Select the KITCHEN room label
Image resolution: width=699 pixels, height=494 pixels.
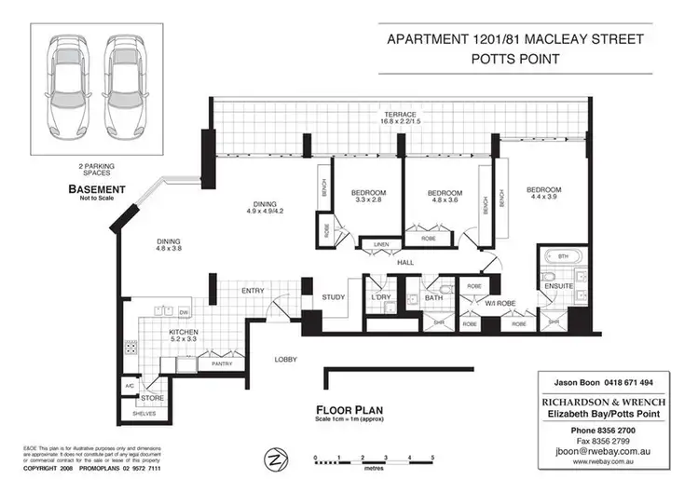click(x=182, y=331)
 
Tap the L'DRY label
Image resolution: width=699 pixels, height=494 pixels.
click(x=379, y=298)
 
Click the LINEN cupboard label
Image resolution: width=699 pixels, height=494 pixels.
click(x=381, y=245)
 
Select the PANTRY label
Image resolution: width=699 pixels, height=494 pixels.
click(x=222, y=364)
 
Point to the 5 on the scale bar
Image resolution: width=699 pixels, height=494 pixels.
click(x=432, y=457)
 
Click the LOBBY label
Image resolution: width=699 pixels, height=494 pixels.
click(x=285, y=359)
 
